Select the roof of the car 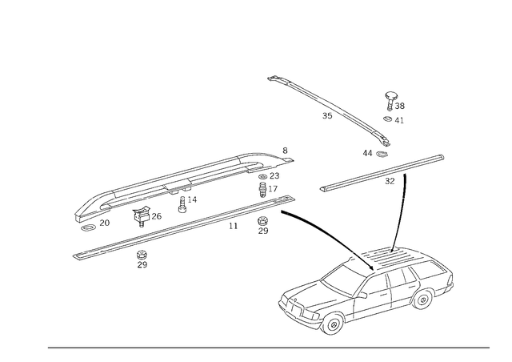pyautogui.click(x=384, y=268)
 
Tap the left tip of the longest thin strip pyautogui.click(x=74, y=256)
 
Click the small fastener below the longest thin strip pyautogui.click(x=142, y=259)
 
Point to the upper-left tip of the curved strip pyautogui.click(x=270, y=78)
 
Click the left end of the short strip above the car pyautogui.click(x=322, y=190)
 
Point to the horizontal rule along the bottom pyautogui.click(x=268, y=347)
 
